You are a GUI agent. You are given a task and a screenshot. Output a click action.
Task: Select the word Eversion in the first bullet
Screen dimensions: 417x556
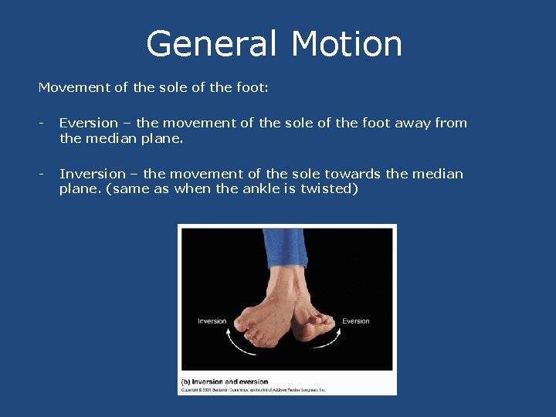pos(89,123)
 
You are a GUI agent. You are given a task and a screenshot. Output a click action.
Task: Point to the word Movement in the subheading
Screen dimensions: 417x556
pos(74,87)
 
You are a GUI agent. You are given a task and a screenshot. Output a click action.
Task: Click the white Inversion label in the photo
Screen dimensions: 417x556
pos(212,321)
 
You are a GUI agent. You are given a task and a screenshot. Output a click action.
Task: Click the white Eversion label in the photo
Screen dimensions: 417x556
pos(356,321)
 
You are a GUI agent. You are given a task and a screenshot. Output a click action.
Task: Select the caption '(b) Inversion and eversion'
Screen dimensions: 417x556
pos(225,381)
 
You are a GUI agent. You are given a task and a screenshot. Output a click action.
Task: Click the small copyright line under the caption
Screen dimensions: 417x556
pos(253,390)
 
